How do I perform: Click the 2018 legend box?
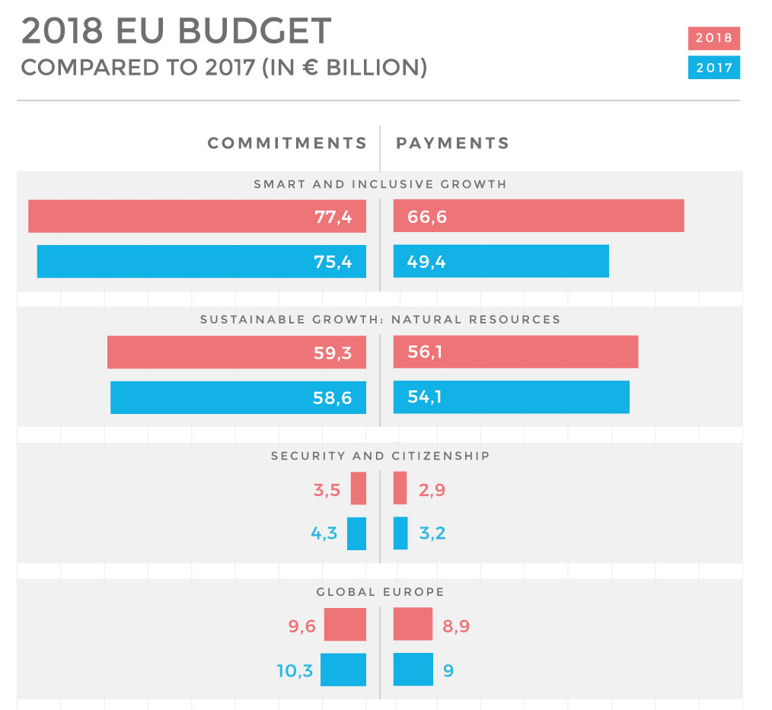point(713,38)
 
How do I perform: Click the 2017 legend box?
point(713,68)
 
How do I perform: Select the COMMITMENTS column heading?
point(287,143)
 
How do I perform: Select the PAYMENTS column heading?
point(453,143)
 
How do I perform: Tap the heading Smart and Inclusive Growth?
point(380,184)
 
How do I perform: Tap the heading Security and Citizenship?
point(380,456)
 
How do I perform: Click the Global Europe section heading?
point(380,592)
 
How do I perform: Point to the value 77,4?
point(333,217)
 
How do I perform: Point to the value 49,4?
point(426,263)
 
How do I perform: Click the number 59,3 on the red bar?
point(333,353)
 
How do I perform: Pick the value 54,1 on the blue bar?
point(425,396)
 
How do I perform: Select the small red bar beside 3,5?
point(358,489)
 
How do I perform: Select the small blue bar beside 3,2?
point(400,533)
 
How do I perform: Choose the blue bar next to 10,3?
point(343,670)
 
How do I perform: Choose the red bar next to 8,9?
point(413,624)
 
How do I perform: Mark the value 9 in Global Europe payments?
point(448,671)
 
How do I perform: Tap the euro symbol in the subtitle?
point(308,68)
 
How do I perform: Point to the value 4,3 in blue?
point(324,533)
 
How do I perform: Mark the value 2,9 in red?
point(432,490)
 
